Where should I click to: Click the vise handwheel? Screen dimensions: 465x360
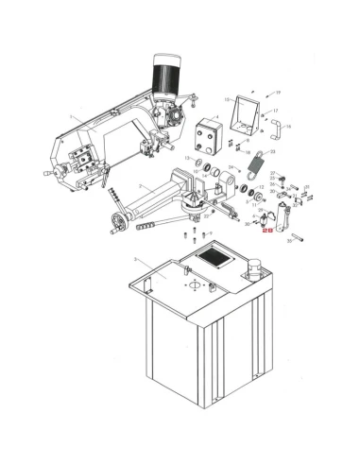[x=117, y=224]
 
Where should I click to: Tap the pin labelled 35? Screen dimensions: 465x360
[x=297, y=237]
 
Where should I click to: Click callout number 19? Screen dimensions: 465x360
[x=279, y=94]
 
